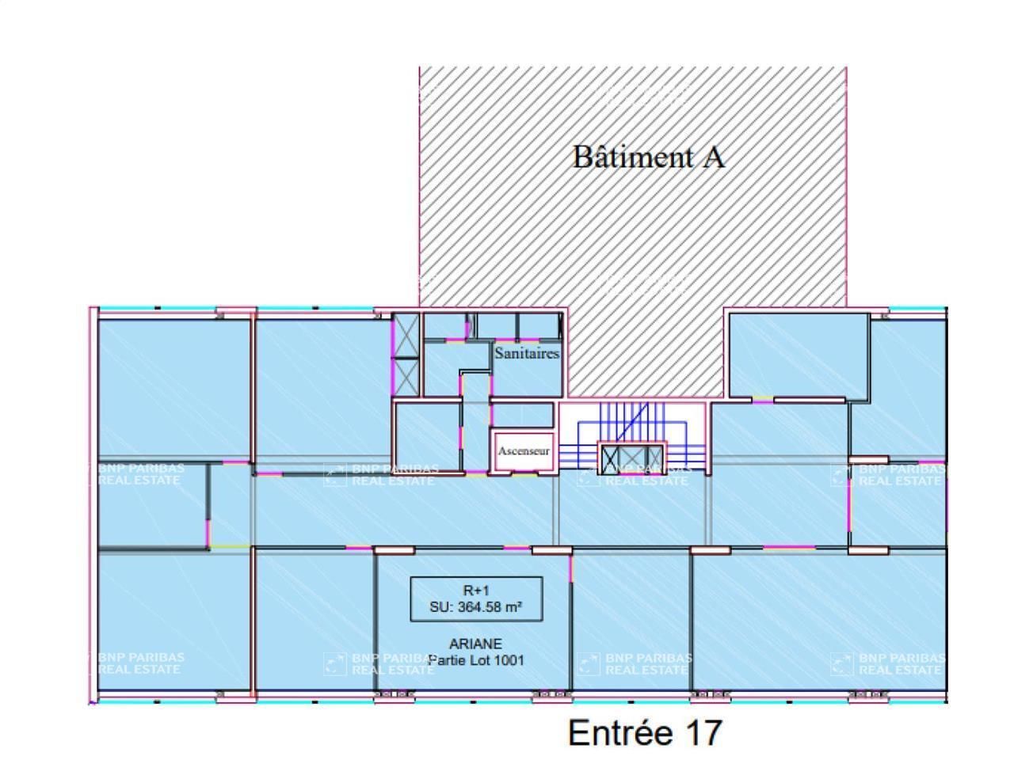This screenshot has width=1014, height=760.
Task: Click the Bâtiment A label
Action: tap(648, 157)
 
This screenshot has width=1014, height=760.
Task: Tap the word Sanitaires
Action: tap(527, 353)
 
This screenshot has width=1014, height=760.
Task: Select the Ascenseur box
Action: tap(524, 451)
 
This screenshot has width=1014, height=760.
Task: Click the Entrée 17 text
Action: tap(645, 732)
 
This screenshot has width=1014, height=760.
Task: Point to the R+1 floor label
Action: tap(476, 591)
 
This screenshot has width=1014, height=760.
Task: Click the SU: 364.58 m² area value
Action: tap(476, 608)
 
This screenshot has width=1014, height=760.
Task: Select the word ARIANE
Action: tap(475, 644)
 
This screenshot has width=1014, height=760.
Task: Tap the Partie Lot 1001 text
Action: tap(476, 660)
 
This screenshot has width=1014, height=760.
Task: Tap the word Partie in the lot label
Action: tap(447, 660)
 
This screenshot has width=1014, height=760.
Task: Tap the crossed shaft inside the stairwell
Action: tap(631, 459)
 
